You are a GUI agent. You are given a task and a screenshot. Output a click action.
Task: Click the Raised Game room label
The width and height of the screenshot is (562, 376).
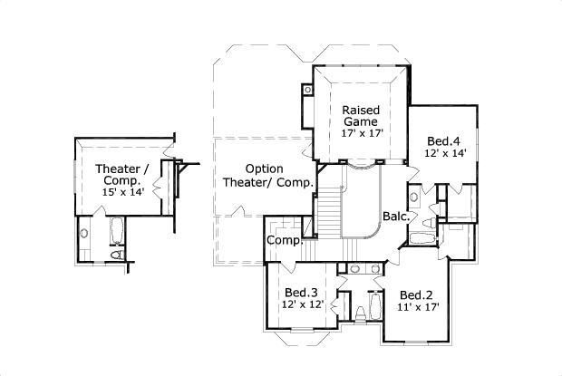[x=361, y=116]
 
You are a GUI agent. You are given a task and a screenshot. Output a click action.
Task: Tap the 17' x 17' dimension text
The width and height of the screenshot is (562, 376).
[x=362, y=133]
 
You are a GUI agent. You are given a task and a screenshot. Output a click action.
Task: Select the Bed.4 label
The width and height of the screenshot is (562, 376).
[x=443, y=141]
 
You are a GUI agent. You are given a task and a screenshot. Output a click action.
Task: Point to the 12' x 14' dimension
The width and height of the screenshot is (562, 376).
[x=445, y=153]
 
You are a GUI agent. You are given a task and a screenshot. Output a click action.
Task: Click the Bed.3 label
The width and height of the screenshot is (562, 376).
[x=301, y=293]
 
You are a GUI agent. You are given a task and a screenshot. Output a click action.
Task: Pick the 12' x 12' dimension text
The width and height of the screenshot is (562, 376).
[x=303, y=304]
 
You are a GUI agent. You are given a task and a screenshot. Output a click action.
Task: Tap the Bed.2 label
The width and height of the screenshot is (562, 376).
[x=416, y=295]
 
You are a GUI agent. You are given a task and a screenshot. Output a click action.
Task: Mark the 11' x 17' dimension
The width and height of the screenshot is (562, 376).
[x=418, y=307]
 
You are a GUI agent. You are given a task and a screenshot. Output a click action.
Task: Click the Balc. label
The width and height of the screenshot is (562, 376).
[x=396, y=217]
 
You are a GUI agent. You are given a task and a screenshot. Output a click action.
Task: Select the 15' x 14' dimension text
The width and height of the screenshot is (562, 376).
[x=123, y=192]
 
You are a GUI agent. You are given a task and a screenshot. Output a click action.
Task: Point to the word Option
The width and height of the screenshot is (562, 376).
[x=264, y=169]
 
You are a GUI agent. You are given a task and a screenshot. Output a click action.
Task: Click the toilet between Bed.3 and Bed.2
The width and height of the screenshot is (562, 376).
[x=360, y=314]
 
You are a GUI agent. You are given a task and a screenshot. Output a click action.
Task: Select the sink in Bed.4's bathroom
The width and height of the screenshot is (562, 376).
[x=414, y=197]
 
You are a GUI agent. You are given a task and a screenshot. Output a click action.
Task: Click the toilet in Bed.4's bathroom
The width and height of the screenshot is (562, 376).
[x=429, y=223]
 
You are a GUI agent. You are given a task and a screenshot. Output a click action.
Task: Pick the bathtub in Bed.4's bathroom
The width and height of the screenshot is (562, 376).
[x=422, y=238]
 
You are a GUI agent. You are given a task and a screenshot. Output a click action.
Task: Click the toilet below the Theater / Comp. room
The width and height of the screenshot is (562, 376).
[x=117, y=255]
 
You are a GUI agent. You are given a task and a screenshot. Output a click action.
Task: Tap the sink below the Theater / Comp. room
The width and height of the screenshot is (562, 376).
[x=84, y=234]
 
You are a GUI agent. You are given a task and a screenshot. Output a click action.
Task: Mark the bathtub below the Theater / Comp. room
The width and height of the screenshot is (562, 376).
[x=116, y=230]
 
